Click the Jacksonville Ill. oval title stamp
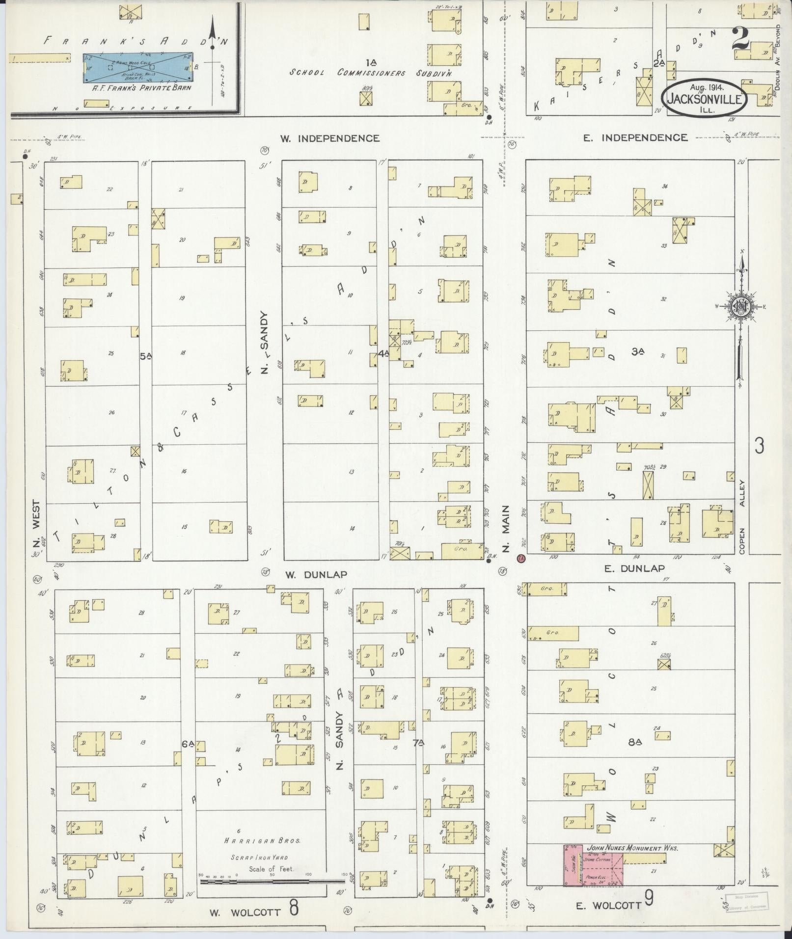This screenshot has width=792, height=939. click(706, 98)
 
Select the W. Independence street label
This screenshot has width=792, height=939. click(329, 138)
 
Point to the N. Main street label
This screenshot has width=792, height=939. click(506, 528)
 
